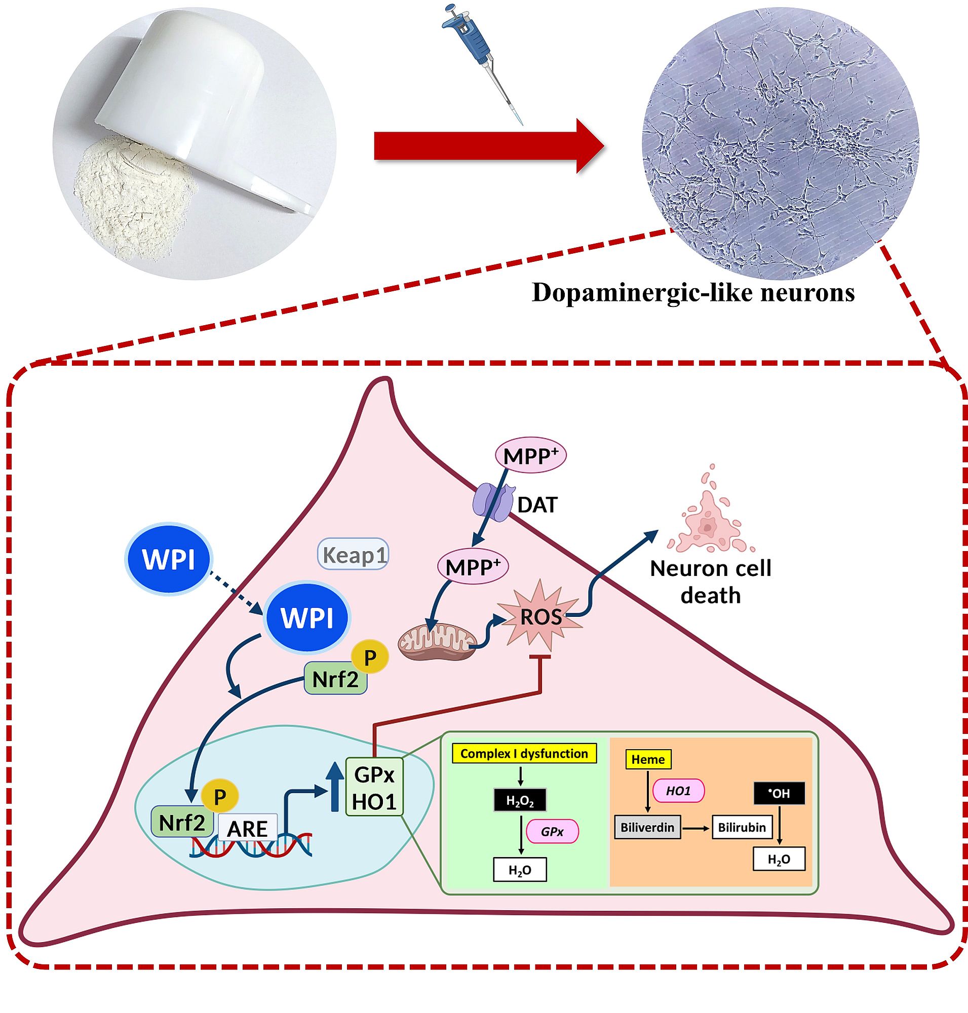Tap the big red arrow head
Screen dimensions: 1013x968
pos(589,146)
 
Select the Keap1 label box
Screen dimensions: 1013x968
pos(353,555)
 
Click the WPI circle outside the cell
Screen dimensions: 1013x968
pos(168,559)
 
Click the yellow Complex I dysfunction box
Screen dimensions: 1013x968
pos(524,754)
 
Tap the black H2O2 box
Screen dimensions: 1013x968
pos(520,800)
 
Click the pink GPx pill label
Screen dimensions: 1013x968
pos(552,831)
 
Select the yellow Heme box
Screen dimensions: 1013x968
pos(647,759)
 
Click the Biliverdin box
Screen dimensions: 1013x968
pos(647,827)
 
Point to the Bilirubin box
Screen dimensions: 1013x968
pos(742,827)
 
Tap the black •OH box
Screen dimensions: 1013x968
pos(779,793)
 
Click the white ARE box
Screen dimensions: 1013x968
pos(248,829)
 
